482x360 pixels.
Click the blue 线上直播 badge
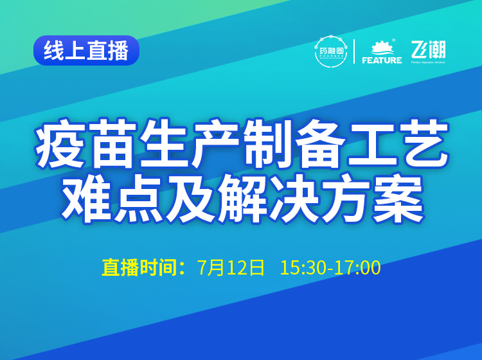click(x=86, y=51)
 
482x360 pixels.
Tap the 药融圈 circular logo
click(x=331, y=51)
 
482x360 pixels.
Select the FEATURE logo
click(x=382, y=52)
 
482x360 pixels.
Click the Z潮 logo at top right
click(x=429, y=51)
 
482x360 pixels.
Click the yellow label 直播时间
click(x=139, y=267)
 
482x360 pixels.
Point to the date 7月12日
click(x=231, y=267)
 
